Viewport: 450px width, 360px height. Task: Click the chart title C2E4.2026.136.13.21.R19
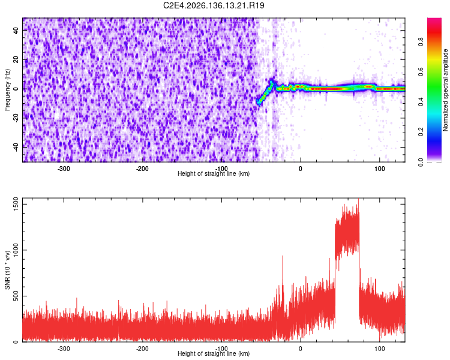[x=214, y=5]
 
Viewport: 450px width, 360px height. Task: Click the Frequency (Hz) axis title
[x=7, y=90]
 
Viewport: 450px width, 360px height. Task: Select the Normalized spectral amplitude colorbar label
[x=445, y=90]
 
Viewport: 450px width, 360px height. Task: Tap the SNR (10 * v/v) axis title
[x=7, y=270]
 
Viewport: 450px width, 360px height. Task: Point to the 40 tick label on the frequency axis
[x=16, y=30]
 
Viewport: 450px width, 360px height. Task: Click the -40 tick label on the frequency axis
[x=16, y=148]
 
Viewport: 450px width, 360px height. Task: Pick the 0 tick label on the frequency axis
[x=16, y=89]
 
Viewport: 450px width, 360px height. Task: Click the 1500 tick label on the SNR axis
[x=16, y=204]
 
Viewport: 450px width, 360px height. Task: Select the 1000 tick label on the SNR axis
[x=16, y=250]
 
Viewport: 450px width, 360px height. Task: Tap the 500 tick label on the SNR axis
[x=16, y=296]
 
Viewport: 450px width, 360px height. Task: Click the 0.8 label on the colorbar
[x=421, y=42]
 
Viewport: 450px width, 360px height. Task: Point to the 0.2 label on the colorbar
[x=421, y=132]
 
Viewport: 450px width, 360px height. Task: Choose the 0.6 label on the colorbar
[x=421, y=72]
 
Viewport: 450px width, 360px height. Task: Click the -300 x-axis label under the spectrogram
[x=64, y=169]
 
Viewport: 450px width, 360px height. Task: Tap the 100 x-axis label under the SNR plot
[x=379, y=349]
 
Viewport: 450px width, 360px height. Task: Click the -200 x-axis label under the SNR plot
[x=142, y=349]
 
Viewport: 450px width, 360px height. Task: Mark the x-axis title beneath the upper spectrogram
[x=214, y=173]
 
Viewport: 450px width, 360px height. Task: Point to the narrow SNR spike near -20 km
[x=283, y=275]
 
